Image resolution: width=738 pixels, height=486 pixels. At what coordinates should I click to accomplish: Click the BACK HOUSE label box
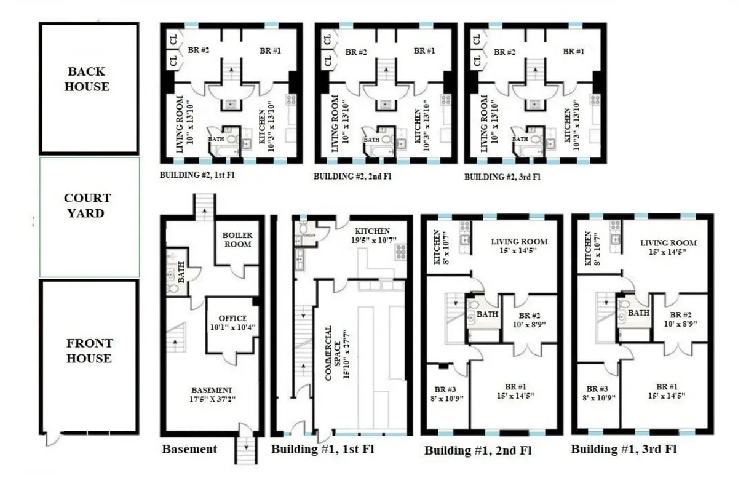pyautogui.click(x=89, y=79)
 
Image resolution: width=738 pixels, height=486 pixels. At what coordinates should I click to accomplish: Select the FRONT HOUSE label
pyautogui.click(x=89, y=351)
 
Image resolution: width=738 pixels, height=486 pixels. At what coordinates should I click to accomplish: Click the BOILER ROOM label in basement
pyautogui.click(x=237, y=240)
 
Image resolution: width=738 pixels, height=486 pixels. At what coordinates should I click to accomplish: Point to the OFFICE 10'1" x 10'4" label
pyautogui.click(x=232, y=322)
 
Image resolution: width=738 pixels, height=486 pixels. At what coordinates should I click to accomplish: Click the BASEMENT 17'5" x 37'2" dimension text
pyautogui.click(x=212, y=395)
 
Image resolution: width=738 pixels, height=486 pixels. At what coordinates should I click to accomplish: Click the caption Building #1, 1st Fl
pyautogui.click(x=322, y=448)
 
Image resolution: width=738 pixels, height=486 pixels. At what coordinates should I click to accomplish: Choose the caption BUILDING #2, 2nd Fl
pyautogui.click(x=352, y=177)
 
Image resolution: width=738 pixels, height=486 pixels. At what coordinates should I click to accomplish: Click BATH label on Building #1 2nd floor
pyautogui.click(x=487, y=314)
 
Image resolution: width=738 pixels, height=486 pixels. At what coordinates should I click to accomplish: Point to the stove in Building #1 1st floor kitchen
pyautogui.click(x=400, y=252)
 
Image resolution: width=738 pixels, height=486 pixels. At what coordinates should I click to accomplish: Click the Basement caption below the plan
pyautogui.click(x=189, y=449)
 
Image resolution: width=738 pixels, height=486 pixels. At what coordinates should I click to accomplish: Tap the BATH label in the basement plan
pyautogui.click(x=181, y=268)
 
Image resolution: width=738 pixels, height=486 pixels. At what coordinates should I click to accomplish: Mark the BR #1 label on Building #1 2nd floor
pyautogui.click(x=515, y=391)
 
